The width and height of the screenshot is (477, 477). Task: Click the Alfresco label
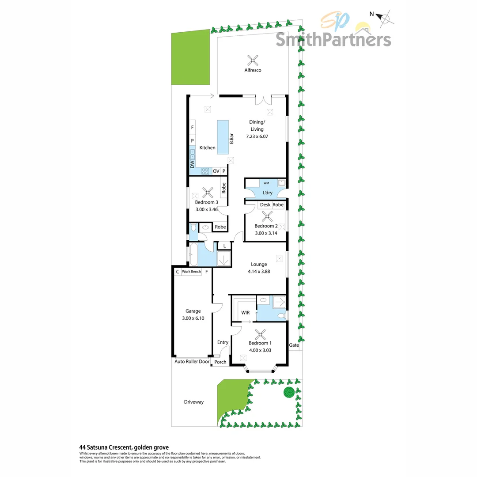click(x=253, y=70)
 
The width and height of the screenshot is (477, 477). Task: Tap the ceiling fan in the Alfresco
click(x=253, y=59)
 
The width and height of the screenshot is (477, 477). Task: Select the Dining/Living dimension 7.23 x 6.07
click(x=257, y=136)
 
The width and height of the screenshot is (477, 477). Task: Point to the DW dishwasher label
click(x=193, y=164)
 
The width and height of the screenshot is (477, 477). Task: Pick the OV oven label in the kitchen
click(x=216, y=171)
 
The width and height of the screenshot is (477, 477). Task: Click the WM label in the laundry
click(x=266, y=182)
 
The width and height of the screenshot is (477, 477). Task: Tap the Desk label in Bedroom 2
click(x=265, y=205)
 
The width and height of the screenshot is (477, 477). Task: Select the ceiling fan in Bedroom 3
click(x=208, y=192)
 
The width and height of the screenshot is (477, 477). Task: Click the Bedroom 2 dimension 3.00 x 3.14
click(x=266, y=234)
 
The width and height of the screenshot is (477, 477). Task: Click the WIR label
click(x=246, y=313)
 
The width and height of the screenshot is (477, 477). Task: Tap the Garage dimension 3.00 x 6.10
click(x=193, y=318)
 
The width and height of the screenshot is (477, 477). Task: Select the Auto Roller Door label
click(x=192, y=361)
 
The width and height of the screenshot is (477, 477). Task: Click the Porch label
click(x=220, y=362)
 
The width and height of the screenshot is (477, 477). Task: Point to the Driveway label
click(x=194, y=402)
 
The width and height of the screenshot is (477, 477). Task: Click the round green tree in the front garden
click(x=289, y=392)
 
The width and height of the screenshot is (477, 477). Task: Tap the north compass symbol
click(x=385, y=18)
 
